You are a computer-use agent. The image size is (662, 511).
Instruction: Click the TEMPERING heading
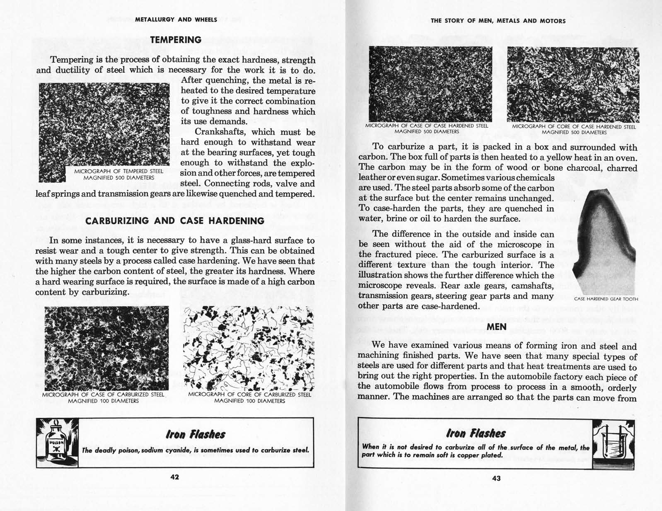175,40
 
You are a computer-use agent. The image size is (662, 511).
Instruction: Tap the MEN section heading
496,327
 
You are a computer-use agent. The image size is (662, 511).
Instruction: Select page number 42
175,477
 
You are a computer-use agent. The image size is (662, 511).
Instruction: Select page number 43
496,478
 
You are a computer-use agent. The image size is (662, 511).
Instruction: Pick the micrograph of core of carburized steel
249,348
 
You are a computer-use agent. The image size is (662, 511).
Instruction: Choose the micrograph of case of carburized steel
106,348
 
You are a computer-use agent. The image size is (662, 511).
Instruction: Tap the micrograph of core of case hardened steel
573,85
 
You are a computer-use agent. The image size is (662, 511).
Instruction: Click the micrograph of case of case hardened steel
430,84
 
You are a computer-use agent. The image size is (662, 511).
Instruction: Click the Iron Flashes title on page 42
196,434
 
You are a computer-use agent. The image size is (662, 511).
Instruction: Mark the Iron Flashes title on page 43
476,434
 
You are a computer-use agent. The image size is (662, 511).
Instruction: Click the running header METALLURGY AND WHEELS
176,19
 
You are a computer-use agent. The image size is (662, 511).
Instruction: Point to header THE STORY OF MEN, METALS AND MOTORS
498,21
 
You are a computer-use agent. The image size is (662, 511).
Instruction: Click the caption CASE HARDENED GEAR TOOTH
606,299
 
